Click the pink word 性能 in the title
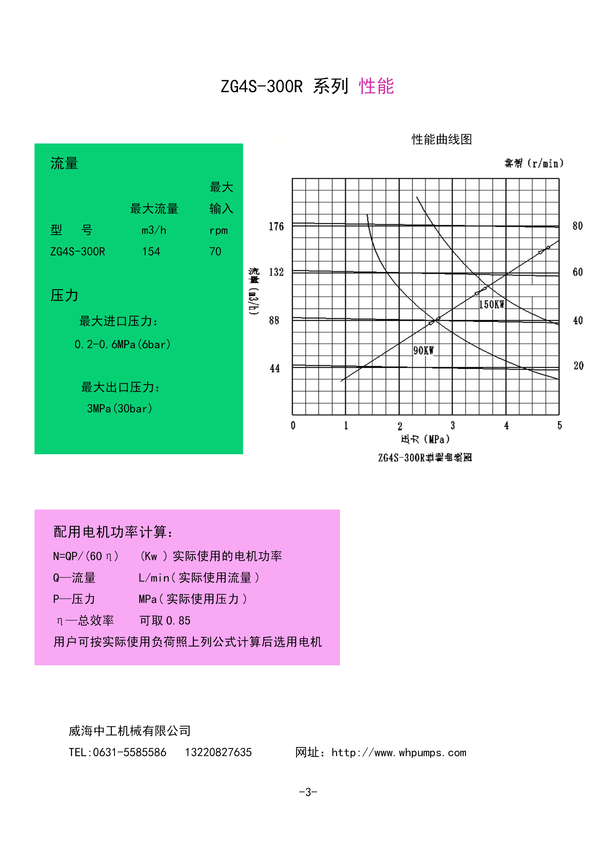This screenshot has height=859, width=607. [x=376, y=86]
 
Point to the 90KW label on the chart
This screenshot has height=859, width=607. [x=423, y=351]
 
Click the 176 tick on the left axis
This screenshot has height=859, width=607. [x=276, y=226]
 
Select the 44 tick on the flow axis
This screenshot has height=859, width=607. [x=275, y=369]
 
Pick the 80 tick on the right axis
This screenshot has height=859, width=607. [x=577, y=226]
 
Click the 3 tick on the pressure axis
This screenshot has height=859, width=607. [x=453, y=425]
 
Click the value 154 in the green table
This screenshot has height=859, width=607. [x=151, y=251]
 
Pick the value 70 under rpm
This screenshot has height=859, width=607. [x=215, y=251]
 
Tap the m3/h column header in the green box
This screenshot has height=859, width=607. [x=154, y=230]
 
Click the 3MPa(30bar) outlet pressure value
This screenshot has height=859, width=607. [x=120, y=408]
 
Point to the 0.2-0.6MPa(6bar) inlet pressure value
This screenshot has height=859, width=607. [x=123, y=344]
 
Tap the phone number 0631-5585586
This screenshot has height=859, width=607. [x=129, y=752]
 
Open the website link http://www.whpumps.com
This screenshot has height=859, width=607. [x=399, y=753]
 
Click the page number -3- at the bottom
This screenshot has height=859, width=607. [x=308, y=792]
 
